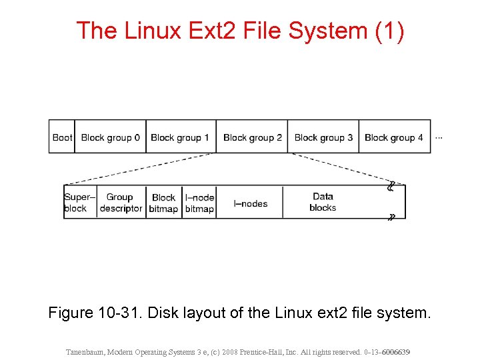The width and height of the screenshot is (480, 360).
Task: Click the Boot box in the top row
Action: click(x=62, y=137)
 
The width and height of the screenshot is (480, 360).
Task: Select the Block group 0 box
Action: click(x=110, y=137)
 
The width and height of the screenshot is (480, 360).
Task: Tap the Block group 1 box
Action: click(x=180, y=137)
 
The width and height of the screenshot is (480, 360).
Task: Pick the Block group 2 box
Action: click(x=252, y=137)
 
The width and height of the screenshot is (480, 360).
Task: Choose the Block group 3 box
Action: click(x=323, y=137)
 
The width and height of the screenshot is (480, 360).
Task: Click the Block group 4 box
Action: click(x=394, y=137)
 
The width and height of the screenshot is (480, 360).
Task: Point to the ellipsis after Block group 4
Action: click(x=439, y=138)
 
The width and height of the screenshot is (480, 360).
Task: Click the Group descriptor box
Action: click(x=121, y=203)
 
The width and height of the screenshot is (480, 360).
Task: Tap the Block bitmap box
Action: click(x=163, y=203)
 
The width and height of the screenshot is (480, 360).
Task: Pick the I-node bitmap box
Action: click(x=199, y=203)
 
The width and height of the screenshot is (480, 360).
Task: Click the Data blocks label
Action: click(x=323, y=202)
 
